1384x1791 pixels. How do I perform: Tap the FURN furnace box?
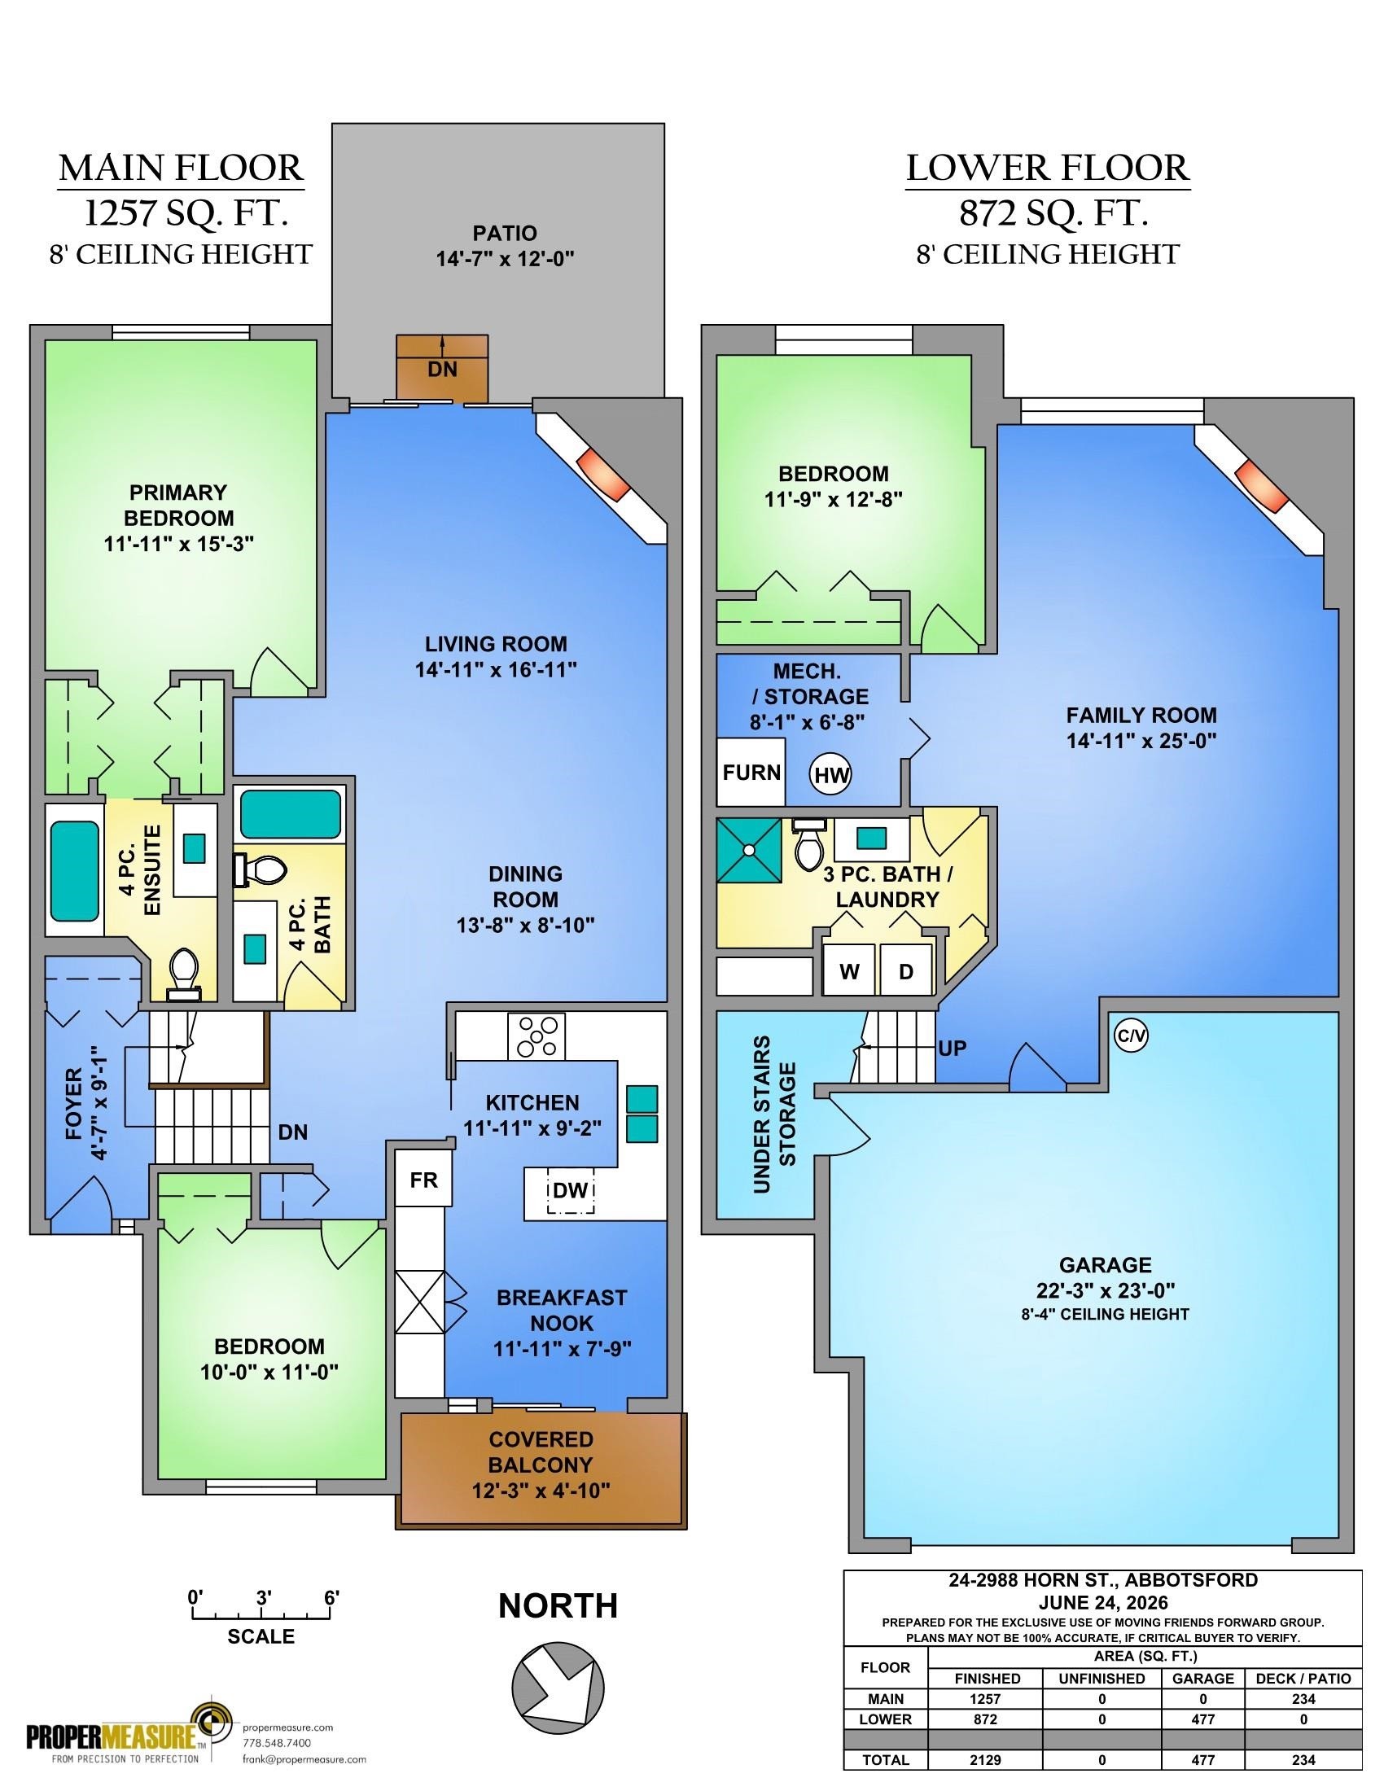pos(751,772)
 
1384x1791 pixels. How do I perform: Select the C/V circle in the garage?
pos(1131,1036)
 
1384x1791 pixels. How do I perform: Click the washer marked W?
pos(849,971)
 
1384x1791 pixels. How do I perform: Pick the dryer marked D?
pos(906,971)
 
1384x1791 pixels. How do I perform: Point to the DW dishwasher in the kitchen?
pos(571,1190)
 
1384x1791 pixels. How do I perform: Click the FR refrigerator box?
pos(424,1180)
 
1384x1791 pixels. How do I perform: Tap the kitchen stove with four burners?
pos(537,1036)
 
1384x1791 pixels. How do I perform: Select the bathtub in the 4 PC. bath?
pos(291,813)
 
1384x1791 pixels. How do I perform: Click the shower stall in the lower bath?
pos(749,850)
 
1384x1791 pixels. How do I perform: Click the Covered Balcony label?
pos(541,1465)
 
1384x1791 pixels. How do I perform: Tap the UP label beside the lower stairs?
pos(952,1048)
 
